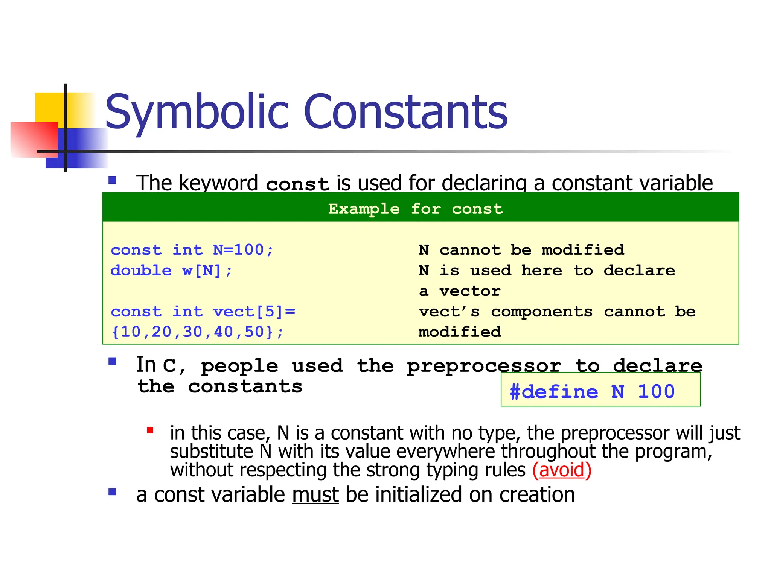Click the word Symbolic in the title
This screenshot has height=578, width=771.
pos(198,112)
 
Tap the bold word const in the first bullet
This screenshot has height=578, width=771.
pos(297,184)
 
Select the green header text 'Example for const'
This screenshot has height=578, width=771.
pos(415,208)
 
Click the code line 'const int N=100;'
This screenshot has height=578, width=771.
pos(192,250)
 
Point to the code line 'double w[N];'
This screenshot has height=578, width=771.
pos(171,271)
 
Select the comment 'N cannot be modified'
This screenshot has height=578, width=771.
pos(521,250)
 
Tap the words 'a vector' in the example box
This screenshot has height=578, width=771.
pos(459,291)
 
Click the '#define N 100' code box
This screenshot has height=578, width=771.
pos(600,391)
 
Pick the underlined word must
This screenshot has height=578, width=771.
pos(315,494)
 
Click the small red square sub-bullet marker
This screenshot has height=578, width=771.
pos(150,430)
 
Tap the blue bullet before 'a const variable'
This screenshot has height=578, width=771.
pos(112,491)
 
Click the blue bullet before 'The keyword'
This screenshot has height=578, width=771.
pos(112,180)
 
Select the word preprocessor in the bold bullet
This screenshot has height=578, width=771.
pos(484,366)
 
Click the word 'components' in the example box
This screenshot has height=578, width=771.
pos(542,312)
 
